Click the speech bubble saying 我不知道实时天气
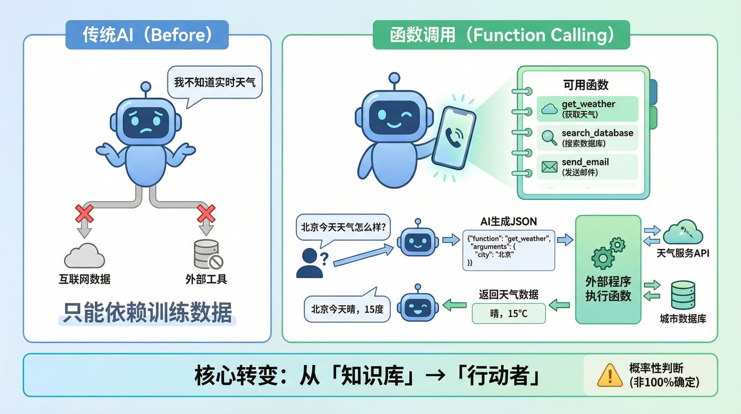pos(214,82)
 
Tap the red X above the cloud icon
pos(84,213)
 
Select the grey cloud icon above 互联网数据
pos(84,256)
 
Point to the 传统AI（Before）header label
pos(147,35)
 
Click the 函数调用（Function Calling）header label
pos(501,35)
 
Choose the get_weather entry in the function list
pos(588,109)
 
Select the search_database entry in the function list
pos(588,138)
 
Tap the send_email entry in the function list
pos(588,167)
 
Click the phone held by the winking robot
pos(453,138)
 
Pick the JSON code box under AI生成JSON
pos(508,250)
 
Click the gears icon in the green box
pos(608,252)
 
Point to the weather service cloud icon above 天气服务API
pos(683,232)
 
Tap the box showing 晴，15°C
pos(508,313)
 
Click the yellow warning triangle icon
pos(610,375)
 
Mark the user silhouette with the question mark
pos(311,263)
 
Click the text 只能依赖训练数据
pos(147,312)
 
